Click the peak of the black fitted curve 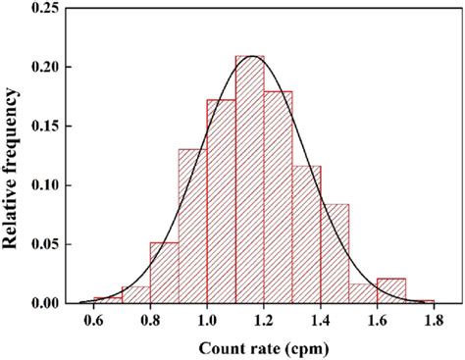coord(253,57)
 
